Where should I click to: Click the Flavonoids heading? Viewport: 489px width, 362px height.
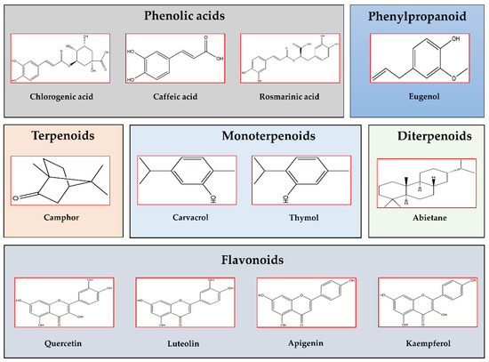pyautogui.click(x=244, y=262)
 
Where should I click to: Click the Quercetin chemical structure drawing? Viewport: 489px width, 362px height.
pyautogui.click(x=60, y=303)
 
